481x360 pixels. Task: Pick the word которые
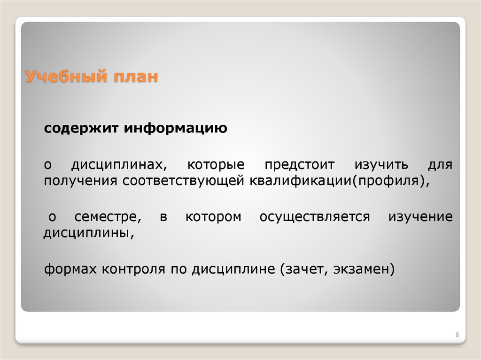(x=216, y=166)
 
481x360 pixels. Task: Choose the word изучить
(x=381, y=166)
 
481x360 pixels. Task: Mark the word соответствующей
(x=181, y=181)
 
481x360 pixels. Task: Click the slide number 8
(x=457, y=334)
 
